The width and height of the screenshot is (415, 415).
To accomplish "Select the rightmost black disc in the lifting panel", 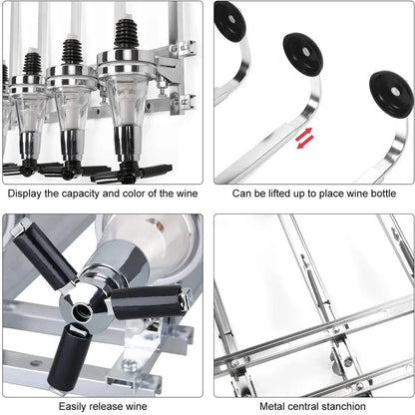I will [390, 93].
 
